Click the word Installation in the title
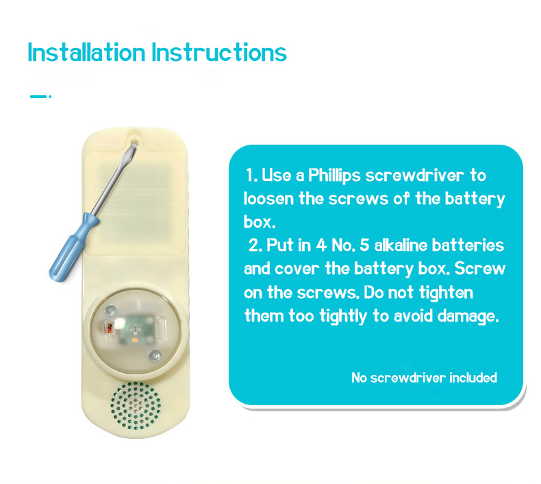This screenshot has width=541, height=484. (86, 53)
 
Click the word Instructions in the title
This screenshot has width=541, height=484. (219, 53)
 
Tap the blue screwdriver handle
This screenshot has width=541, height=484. (73, 247)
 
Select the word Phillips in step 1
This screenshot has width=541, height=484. (334, 176)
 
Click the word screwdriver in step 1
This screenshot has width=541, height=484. (415, 176)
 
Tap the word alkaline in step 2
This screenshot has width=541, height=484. (401, 245)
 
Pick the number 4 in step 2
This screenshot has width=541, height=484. (321, 245)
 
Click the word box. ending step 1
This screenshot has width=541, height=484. (260, 222)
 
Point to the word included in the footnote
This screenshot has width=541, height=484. (473, 378)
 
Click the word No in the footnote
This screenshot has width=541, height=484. (359, 378)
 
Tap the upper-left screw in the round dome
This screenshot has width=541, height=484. (110, 311)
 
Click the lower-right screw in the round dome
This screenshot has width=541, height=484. (155, 355)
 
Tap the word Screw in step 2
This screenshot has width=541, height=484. (479, 269)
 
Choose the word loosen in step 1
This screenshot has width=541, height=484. (268, 199)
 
